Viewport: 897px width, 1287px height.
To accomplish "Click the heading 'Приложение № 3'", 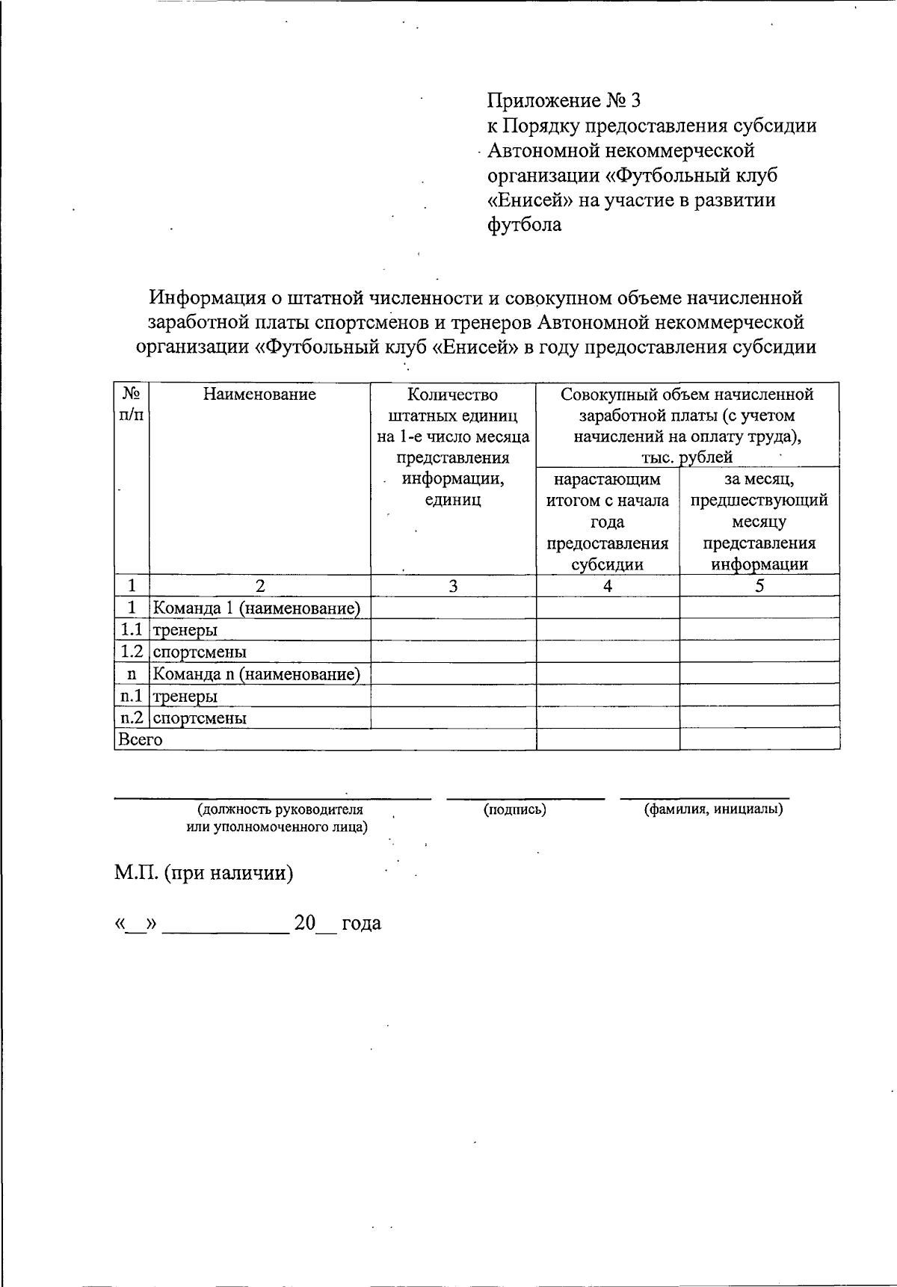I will click(564, 100).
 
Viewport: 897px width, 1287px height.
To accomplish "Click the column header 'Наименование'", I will click(259, 395).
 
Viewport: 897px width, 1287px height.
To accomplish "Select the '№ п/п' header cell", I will click(132, 404).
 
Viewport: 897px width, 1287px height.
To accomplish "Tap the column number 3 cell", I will click(453, 586).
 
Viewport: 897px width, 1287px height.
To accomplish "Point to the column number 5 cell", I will click(759, 586).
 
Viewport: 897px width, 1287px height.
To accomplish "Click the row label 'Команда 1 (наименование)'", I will click(256, 608).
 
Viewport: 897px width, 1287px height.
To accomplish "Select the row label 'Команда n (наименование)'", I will click(256, 674).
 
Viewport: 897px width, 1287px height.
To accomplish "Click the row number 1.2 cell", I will click(132, 652).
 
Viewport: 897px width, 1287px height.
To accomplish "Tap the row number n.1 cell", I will click(132, 696).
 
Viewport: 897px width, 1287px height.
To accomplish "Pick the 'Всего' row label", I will click(140, 740).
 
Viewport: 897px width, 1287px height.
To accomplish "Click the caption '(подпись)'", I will click(515, 809).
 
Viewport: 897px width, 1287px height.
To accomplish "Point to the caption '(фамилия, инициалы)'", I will click(713, 809).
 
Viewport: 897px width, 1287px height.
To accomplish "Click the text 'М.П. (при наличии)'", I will click(203, 873).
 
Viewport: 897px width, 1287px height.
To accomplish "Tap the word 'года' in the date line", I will click(361, 924).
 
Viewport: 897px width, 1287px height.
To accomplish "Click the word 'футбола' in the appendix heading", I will click(524, 224).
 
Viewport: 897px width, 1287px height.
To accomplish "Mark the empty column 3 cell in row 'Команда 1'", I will click(453, 608).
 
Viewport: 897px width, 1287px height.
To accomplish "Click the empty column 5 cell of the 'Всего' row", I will click(759, 740).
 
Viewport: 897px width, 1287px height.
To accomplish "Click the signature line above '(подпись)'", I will click(525, 799).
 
